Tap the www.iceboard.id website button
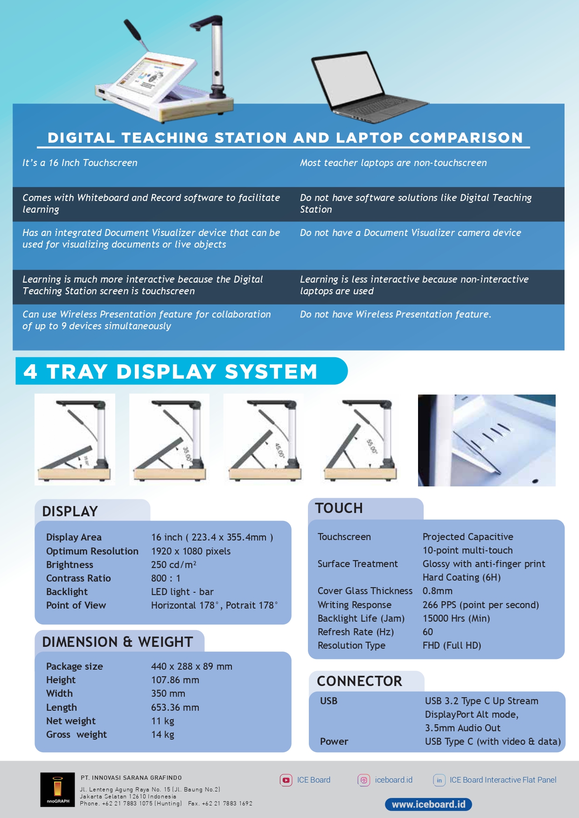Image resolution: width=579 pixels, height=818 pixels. tap(428, 804)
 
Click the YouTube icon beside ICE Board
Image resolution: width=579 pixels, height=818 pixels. tap(286, 780)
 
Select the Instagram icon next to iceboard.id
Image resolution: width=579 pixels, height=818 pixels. tap(364, 780)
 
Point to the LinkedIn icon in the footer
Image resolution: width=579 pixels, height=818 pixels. tap(439, 780)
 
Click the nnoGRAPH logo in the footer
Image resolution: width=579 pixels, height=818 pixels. tap(57, 790)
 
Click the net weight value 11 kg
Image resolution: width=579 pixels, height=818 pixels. tap(162, 721)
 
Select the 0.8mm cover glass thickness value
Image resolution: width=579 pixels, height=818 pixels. tap(437, 591)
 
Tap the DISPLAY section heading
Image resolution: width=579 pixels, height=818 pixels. tap(70, 512)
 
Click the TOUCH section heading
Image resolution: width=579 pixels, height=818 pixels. tap(339, 508)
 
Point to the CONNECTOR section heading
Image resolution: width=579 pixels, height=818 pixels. tap(359, 681)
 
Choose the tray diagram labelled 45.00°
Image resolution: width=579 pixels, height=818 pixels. tap(264, 439)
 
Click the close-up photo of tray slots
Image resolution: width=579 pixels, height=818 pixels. tap(487, 440)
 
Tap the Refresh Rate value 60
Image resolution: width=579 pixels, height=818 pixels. tap(428, 632)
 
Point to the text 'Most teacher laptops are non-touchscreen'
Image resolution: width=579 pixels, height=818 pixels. tap(393, 163)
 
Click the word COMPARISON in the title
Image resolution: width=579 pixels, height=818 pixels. tap(466, 138)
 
